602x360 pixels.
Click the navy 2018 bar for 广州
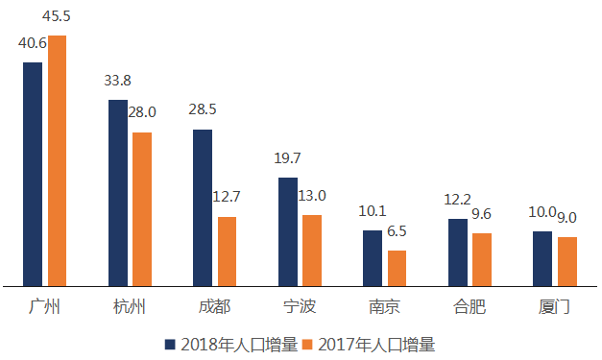point(33,174)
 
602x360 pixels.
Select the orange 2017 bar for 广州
point(58,160)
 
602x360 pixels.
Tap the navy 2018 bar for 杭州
point(117,192)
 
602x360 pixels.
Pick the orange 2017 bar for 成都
point(228,251)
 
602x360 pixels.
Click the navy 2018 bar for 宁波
point(287,231)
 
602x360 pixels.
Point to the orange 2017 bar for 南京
point(397,268)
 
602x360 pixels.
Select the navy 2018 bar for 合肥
point(457,252)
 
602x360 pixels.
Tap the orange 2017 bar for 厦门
point(567,261)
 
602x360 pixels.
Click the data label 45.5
point(58,17)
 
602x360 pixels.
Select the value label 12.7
point(227,198)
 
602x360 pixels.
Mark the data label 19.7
point(288,158)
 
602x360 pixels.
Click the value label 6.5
point(396,231)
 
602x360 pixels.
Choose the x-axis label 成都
point(214,307)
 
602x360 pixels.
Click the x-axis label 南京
point(384,307)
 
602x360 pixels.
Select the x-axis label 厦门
point(554,307)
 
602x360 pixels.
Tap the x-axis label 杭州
point(130,307)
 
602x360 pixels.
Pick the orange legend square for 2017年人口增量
point(309,344)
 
